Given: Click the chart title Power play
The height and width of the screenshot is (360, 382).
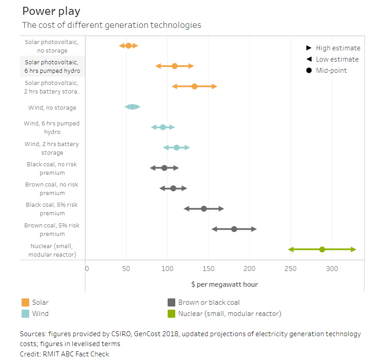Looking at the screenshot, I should click(x=51, y=11).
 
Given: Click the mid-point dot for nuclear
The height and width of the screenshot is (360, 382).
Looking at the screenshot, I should click(x=322, y=249).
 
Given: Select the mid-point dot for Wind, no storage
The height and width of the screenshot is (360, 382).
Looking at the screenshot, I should click(x=133, y=107).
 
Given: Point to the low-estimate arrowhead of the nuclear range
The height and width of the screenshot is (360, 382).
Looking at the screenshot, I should click(x=291, y=249).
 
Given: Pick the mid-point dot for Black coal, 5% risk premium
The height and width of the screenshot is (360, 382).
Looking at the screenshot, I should click(x=204, y=209).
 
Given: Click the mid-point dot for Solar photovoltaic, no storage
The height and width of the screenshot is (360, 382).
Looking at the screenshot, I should click(x=128, y=45).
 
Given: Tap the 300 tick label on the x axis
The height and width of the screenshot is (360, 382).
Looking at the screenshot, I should click(x=332, y=269).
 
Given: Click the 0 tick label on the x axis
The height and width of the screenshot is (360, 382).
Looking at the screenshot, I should click(x=87, y=269).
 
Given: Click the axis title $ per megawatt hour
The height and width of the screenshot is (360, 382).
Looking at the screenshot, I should click(x=224, y=284).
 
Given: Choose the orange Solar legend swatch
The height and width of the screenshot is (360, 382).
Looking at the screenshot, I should click(x=25, y=302).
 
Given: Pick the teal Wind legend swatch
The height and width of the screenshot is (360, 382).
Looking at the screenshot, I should click(x=25, y=314).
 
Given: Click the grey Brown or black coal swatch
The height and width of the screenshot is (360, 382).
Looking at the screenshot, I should click(x=171, y=302).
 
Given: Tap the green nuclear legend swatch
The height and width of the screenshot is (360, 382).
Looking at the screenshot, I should click(x=171, y=314).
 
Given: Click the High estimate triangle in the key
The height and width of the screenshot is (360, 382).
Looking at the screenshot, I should click(x=309, y=48).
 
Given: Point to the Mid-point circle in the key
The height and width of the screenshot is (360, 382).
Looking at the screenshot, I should click(x=309, y=70).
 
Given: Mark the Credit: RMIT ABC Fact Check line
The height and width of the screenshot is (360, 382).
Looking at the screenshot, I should click(x=64, y=354).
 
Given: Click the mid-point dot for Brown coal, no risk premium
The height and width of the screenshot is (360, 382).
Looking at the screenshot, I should click(x=173, y=188).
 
